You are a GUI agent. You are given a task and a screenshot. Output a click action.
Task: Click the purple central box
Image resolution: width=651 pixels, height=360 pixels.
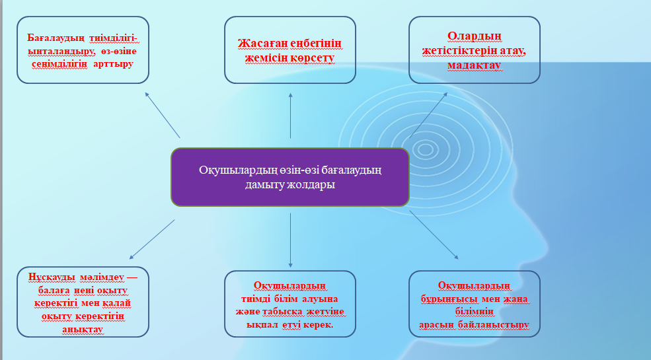pos(289,177)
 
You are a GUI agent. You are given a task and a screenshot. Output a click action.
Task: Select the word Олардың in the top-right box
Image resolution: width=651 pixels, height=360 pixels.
pos(474,36)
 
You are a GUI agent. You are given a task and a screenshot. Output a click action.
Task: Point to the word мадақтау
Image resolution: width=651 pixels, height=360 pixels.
pos(474,65)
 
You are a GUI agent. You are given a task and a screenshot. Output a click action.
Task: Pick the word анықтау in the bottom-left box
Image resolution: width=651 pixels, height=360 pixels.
pos(83,330)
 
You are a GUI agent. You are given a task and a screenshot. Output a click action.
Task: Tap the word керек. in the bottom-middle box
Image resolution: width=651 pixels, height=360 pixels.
pos(319,325)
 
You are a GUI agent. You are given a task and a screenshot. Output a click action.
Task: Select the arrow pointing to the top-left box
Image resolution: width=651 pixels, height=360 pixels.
pos(163,115)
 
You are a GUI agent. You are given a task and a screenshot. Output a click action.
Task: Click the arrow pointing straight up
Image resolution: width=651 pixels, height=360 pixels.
pos(290,116)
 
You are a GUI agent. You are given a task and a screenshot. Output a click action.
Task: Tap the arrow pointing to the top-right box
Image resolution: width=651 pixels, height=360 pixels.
pos(428,115)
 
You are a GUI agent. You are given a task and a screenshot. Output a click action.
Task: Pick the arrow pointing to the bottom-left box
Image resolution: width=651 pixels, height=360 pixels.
pos(152,239)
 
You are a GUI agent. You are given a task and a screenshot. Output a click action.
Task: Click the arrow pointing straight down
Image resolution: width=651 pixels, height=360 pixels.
pos(290,240)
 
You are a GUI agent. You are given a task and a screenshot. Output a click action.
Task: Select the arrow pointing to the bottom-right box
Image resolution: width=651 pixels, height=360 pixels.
pos(434,235)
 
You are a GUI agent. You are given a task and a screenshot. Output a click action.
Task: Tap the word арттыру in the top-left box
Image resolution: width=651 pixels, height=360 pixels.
pos(113,64)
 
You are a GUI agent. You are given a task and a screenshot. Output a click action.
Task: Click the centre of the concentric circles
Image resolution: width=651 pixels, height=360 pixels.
pos(425,149)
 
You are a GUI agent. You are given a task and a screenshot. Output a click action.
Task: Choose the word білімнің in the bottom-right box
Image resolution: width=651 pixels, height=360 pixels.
pos(474,312)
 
